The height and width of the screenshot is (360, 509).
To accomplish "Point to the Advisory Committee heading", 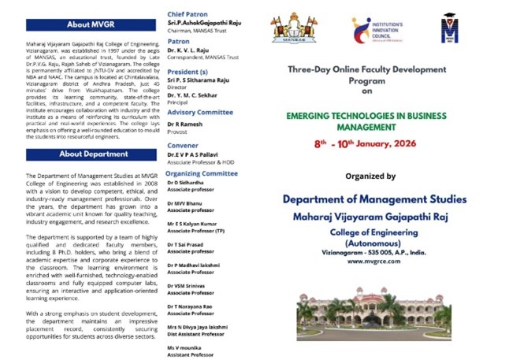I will pyautogui.click(x=200, y=112).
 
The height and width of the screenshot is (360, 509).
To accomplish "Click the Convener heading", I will pyautogui.click(x=183, y=146).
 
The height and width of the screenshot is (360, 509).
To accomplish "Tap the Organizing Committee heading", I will pyautogui.click(x=202, y=173).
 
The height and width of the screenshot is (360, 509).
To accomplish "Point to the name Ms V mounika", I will pyautogui.click(x=184, y=347).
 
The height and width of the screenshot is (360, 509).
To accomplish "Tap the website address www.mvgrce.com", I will pyautogui.click(x=366, y=260).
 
